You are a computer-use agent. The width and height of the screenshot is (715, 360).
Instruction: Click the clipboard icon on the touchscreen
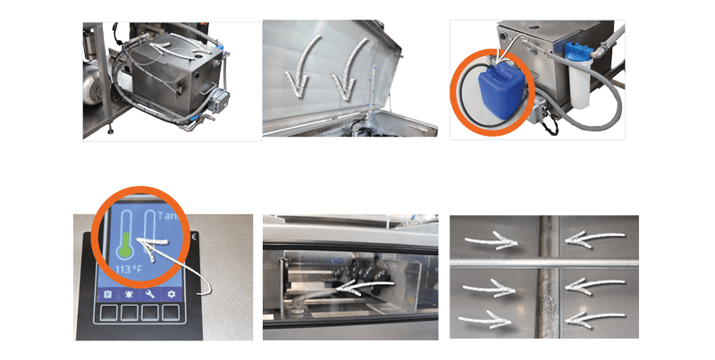[106, 294]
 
